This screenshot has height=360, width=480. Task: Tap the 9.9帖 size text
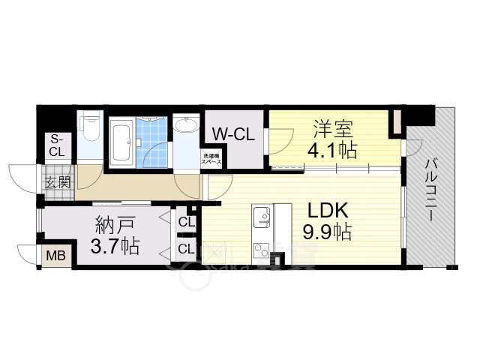(x=328, y=232)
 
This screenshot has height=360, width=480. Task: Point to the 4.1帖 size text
(x=331, y=151)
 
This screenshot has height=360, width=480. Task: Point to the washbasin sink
(x=184, y=126)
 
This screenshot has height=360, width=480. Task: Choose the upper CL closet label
(x=186, y=222)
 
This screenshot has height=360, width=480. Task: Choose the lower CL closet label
(x=186, y=248)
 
